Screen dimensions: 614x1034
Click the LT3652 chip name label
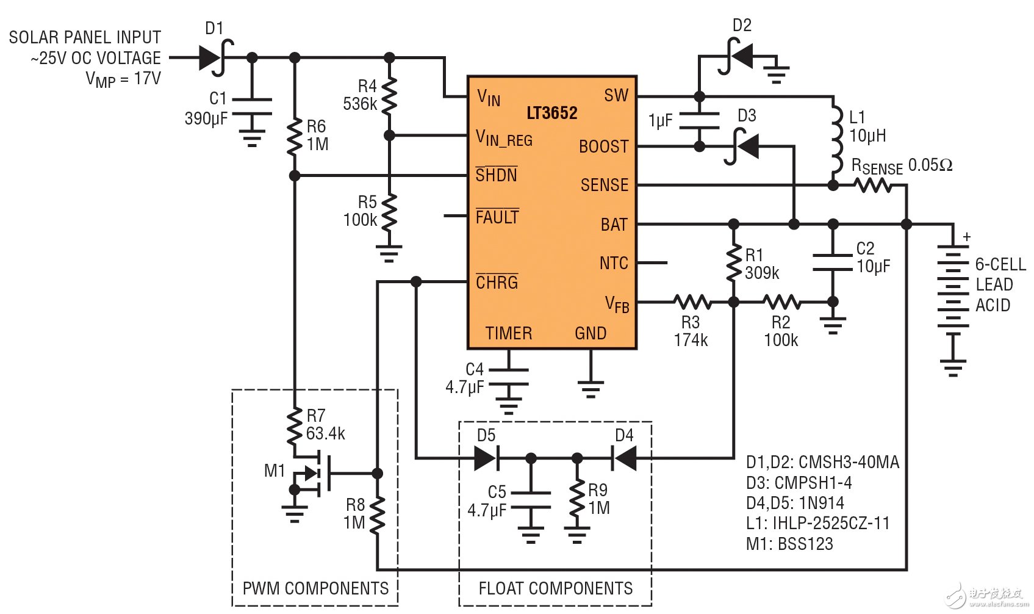point(551,113)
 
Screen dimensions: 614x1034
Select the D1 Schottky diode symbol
point(213,58)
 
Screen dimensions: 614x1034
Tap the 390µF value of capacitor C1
point(206,118)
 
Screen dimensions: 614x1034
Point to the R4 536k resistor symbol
point(390,96)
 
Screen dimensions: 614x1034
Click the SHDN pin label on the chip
point(497,175)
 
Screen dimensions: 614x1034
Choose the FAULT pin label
point(497,217)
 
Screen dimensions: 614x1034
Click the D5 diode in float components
point(486,458)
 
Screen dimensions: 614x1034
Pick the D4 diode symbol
point(624,458)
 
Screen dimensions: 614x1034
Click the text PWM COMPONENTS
point(315,588)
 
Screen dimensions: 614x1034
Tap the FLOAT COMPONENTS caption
point(555,588)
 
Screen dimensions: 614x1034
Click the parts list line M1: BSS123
point(789,544)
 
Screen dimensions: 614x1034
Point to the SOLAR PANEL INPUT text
point(85,38)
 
